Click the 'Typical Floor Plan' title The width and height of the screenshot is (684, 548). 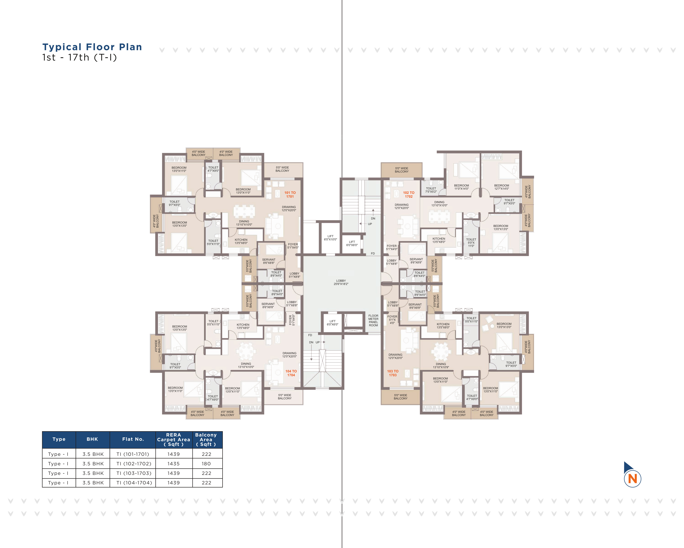pos(92,47)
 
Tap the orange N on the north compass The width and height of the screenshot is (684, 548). pos(632,479)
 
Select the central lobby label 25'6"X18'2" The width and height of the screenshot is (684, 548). pos(341,282)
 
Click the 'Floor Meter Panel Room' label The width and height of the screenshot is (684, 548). pos(373,321)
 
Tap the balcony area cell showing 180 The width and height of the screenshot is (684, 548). pos(206,464)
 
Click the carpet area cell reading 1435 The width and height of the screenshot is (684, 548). pos(174,464)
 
